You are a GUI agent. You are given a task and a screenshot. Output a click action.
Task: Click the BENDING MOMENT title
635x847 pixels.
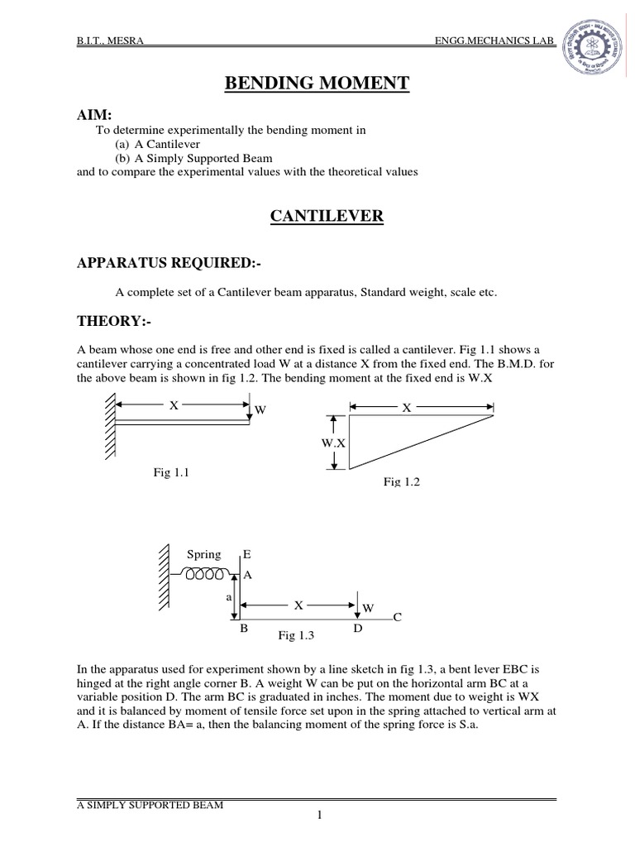[x=317, y=83]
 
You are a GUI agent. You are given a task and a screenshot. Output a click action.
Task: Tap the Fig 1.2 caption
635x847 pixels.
[x=401, y=481]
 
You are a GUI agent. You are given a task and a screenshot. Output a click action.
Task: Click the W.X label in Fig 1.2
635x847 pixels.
[x=333, y=443]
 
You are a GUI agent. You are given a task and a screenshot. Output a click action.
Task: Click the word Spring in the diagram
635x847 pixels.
[x=204, y=554]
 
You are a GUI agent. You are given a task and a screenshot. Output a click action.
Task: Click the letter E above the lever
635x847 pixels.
[x=246, y=553]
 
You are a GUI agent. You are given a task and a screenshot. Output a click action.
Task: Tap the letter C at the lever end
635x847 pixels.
[x=397, y=617]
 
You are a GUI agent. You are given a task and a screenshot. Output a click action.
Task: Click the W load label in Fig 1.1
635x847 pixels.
[x=260, y=410]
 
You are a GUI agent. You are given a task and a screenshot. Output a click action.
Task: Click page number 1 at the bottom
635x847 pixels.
[x=317, y=816]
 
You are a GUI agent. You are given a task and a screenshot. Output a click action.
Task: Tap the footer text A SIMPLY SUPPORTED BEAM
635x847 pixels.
[x=146, y=805]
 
